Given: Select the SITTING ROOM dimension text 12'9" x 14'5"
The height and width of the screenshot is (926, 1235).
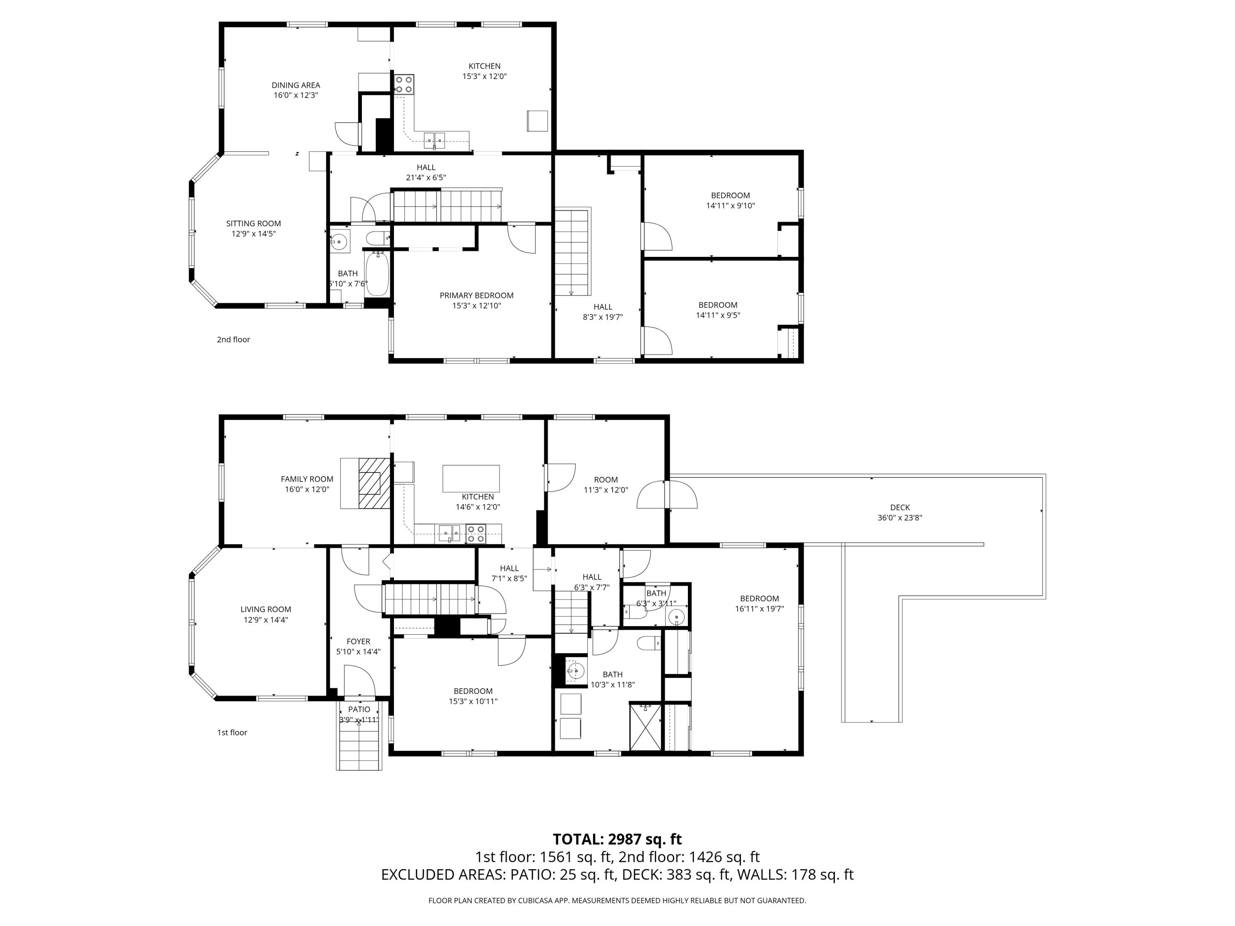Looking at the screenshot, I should [x=254, y=234].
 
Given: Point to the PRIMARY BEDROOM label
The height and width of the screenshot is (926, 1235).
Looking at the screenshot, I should [x=476, y=295].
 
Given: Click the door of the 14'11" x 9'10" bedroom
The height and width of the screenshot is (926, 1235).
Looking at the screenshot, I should [x=658, y=237].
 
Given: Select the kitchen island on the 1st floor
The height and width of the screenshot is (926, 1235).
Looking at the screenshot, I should [x=471, y=478].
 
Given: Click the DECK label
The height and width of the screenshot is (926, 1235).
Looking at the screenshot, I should [x=899, y=507].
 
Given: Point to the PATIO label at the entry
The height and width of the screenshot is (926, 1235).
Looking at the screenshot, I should [x=359, y=710].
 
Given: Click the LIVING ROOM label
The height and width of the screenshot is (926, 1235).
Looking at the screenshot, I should [x=266, y=610].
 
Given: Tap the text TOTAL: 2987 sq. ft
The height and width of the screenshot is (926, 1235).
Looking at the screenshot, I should [x=617, y=840].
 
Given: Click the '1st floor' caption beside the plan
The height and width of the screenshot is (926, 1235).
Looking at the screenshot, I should [x=232, y=732].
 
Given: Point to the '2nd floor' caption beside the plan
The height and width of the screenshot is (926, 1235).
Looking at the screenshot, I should [x=233, y=340].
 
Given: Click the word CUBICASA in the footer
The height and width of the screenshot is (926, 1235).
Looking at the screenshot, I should [x=536, y=900].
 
